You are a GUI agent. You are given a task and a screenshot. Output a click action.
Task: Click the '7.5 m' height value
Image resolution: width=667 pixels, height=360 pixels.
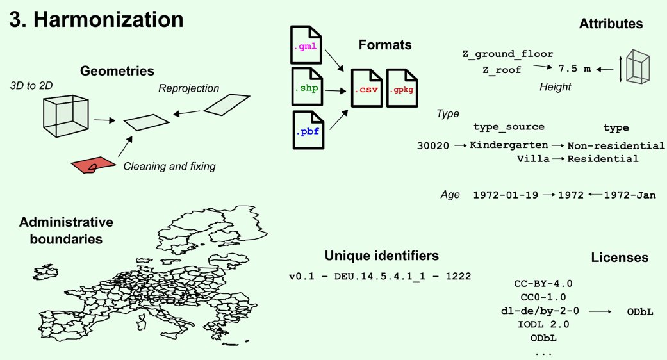coord(574,68)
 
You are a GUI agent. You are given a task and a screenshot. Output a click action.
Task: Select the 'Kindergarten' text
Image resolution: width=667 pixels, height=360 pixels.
coord(509,145)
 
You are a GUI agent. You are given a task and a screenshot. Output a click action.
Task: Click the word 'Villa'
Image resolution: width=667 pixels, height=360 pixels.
coord(533,158)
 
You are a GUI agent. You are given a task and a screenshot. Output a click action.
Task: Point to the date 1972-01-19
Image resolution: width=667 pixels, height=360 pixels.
coord(505,195)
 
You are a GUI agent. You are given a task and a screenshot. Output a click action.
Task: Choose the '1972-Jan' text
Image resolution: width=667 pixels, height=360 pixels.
coord(630,195)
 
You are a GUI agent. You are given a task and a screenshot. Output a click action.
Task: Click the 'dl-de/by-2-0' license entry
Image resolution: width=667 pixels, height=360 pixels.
coord(542,311)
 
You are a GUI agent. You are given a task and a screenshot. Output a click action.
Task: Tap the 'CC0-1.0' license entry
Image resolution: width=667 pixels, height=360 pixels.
coord(543,297)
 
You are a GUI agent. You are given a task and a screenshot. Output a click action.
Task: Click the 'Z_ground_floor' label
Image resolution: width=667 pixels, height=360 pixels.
coord(507,54)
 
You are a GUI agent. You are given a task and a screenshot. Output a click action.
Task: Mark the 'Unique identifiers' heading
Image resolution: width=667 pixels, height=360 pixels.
coord(382,256)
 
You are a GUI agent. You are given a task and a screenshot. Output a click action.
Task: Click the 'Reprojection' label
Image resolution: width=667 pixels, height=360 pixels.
coord(188,88)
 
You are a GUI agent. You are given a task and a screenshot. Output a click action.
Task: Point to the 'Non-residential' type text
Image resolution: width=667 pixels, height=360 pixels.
coord(616,145)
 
